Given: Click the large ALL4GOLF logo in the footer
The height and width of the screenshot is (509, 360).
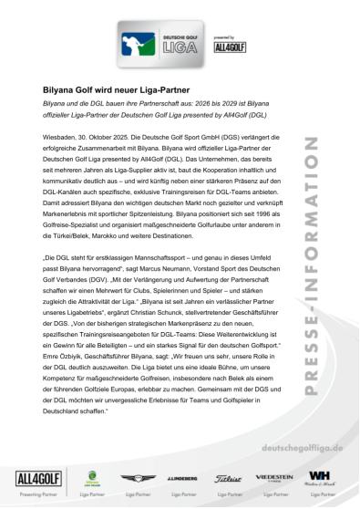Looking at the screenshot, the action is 27,480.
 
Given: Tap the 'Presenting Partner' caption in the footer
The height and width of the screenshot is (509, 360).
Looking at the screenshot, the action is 27,495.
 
